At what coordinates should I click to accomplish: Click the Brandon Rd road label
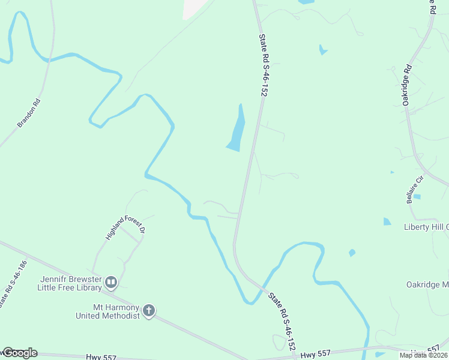point(29,113)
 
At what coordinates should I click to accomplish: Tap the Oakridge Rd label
point(406,85)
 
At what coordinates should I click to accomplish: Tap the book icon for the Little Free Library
point(110,282)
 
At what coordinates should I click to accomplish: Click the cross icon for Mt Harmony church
point(149,311)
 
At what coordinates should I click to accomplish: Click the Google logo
point(19,353)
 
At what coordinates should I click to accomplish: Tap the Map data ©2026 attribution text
point(423,355)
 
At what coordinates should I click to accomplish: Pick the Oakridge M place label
point(427,284)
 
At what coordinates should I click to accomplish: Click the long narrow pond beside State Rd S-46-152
point(237,129)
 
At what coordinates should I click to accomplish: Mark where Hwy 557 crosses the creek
point(367,349)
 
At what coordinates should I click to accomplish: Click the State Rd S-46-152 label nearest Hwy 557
point(282,321)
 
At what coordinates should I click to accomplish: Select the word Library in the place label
point(89,287)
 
